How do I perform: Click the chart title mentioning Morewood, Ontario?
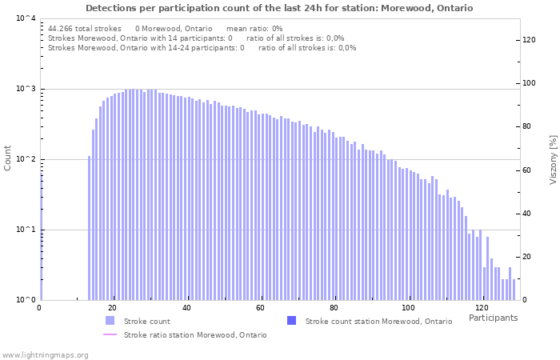tap(279, 8)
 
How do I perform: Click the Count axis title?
tap(8, 158)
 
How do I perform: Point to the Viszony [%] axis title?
tap(552, 159)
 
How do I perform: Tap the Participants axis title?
tap(493, 318)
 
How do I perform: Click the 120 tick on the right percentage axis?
tap(528, 39)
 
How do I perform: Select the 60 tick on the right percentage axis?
tap(528, 170)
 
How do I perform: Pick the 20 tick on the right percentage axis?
tap(528, 257)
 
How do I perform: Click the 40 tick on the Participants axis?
tap(186, 308)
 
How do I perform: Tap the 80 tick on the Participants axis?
tap(334, 308)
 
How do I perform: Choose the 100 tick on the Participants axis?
tap(407, 308)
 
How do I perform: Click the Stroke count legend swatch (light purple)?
tap(110, 321)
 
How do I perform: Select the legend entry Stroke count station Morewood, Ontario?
tap(378, 321)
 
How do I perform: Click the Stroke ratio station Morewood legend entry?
tap(195, 335)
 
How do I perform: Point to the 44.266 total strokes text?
tap(84, 28)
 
